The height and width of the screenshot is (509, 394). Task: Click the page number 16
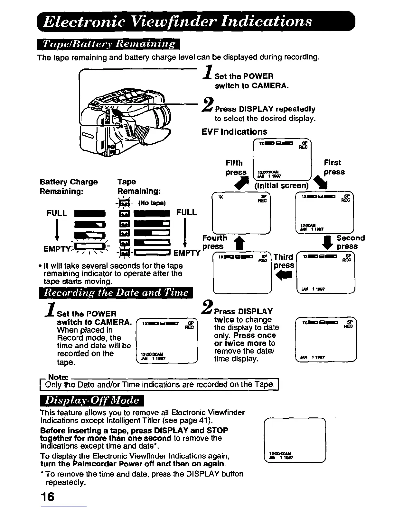point(47,496)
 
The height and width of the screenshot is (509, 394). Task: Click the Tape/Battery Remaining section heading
point(108,44)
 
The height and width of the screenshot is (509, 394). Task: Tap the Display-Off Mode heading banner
point(92,400)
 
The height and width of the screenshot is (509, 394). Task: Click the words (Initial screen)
point(282,186)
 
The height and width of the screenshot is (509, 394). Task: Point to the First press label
point(334,167)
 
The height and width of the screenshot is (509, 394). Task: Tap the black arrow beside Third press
point(285,275)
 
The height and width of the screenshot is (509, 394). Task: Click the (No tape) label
point(152,203)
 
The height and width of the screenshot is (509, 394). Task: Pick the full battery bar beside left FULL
point(89,213)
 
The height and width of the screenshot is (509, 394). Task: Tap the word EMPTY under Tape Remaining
point(187,253)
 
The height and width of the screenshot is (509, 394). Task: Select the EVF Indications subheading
point(234,132)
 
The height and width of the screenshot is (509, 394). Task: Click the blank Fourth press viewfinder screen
point(241,213)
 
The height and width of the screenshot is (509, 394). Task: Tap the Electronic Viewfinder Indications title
point(178,21)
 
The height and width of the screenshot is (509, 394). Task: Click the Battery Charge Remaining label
point(69,186)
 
